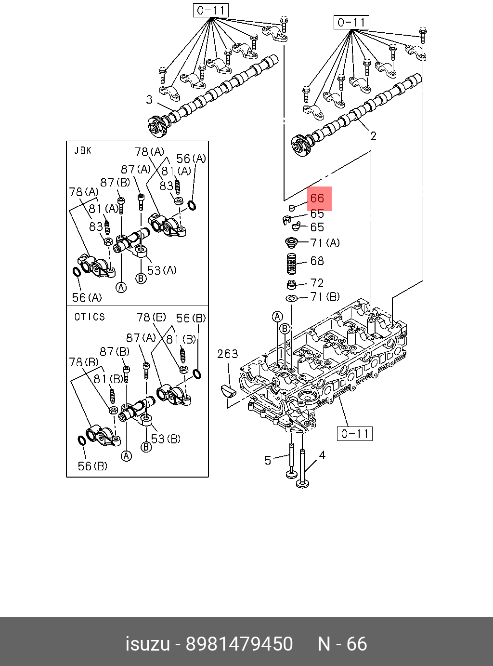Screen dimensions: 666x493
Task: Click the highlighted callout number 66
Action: click(x=317, y=198)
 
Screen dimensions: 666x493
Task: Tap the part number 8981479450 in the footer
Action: click(x=239, y=644)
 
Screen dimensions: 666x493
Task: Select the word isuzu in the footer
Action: click(x=147, y=644)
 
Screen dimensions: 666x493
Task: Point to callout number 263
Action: click(x=227, y=354)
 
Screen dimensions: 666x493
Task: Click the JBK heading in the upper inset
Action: click(x=83, y=151)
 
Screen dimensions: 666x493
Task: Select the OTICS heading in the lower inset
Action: click(x=90, y=317)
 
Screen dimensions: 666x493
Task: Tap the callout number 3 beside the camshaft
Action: click(x=149, y=100)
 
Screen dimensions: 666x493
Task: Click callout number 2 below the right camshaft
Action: click(x=373, y=136)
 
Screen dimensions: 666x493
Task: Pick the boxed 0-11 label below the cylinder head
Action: click(x=355, y=434)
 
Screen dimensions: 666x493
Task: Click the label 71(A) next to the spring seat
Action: click(x=325, y=243)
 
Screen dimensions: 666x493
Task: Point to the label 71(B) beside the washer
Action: click(x=325, y=297)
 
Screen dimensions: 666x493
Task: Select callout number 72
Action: click(x=317, y=283)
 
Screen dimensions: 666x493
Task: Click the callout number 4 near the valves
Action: click(x=322, y=455)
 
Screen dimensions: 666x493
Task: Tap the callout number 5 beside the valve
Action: click(x=268, y=460)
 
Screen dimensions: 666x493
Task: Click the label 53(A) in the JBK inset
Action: click(x=162, y=270)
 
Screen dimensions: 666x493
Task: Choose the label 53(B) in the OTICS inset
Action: click(x=165, y=439)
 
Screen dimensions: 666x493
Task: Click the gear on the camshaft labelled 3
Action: click(x=157, y=126)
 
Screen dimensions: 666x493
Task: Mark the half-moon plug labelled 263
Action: click(x=228, y=390)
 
